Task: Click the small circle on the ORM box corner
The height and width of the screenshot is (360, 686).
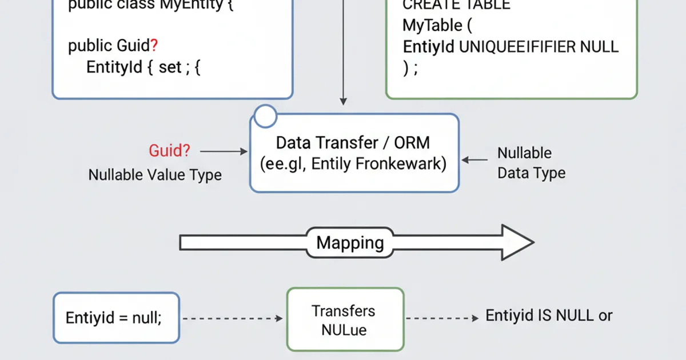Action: pyautogui.click(x=265, y=116)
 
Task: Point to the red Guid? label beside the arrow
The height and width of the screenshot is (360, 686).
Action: pyautogui.click(x=170, y=151)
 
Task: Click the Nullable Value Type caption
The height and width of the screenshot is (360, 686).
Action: pyautogui.click(x=155, y=175)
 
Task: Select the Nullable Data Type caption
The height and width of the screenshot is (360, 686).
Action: pyautogui.click(x=531, y=163)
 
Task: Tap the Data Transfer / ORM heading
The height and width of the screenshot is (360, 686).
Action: pyautogui.click(x=354, y=143)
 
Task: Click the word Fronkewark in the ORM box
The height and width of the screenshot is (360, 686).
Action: pyautogui.click(x=400, y=164)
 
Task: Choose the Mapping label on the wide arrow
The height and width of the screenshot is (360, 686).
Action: pyautogui.click(x=350, y=242)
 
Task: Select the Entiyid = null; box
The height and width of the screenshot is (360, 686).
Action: pyautogui.click(x=116, y=318)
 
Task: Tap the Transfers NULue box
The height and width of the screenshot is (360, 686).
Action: pyautogui.click(x=345, y=319)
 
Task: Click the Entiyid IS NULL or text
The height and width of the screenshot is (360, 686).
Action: pyautogui.click(x=549, y=315)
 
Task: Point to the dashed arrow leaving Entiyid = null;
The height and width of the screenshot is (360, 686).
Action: pyautogui.click(x=232, y=318)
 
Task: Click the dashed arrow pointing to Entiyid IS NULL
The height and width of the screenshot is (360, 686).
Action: pyautogui.click(x=443, y=318)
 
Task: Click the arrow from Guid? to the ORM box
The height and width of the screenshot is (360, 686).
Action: pyautogui.click(x=224, y=151)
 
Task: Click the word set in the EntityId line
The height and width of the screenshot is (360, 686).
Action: pyautogui.click(x=170, y=67)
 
